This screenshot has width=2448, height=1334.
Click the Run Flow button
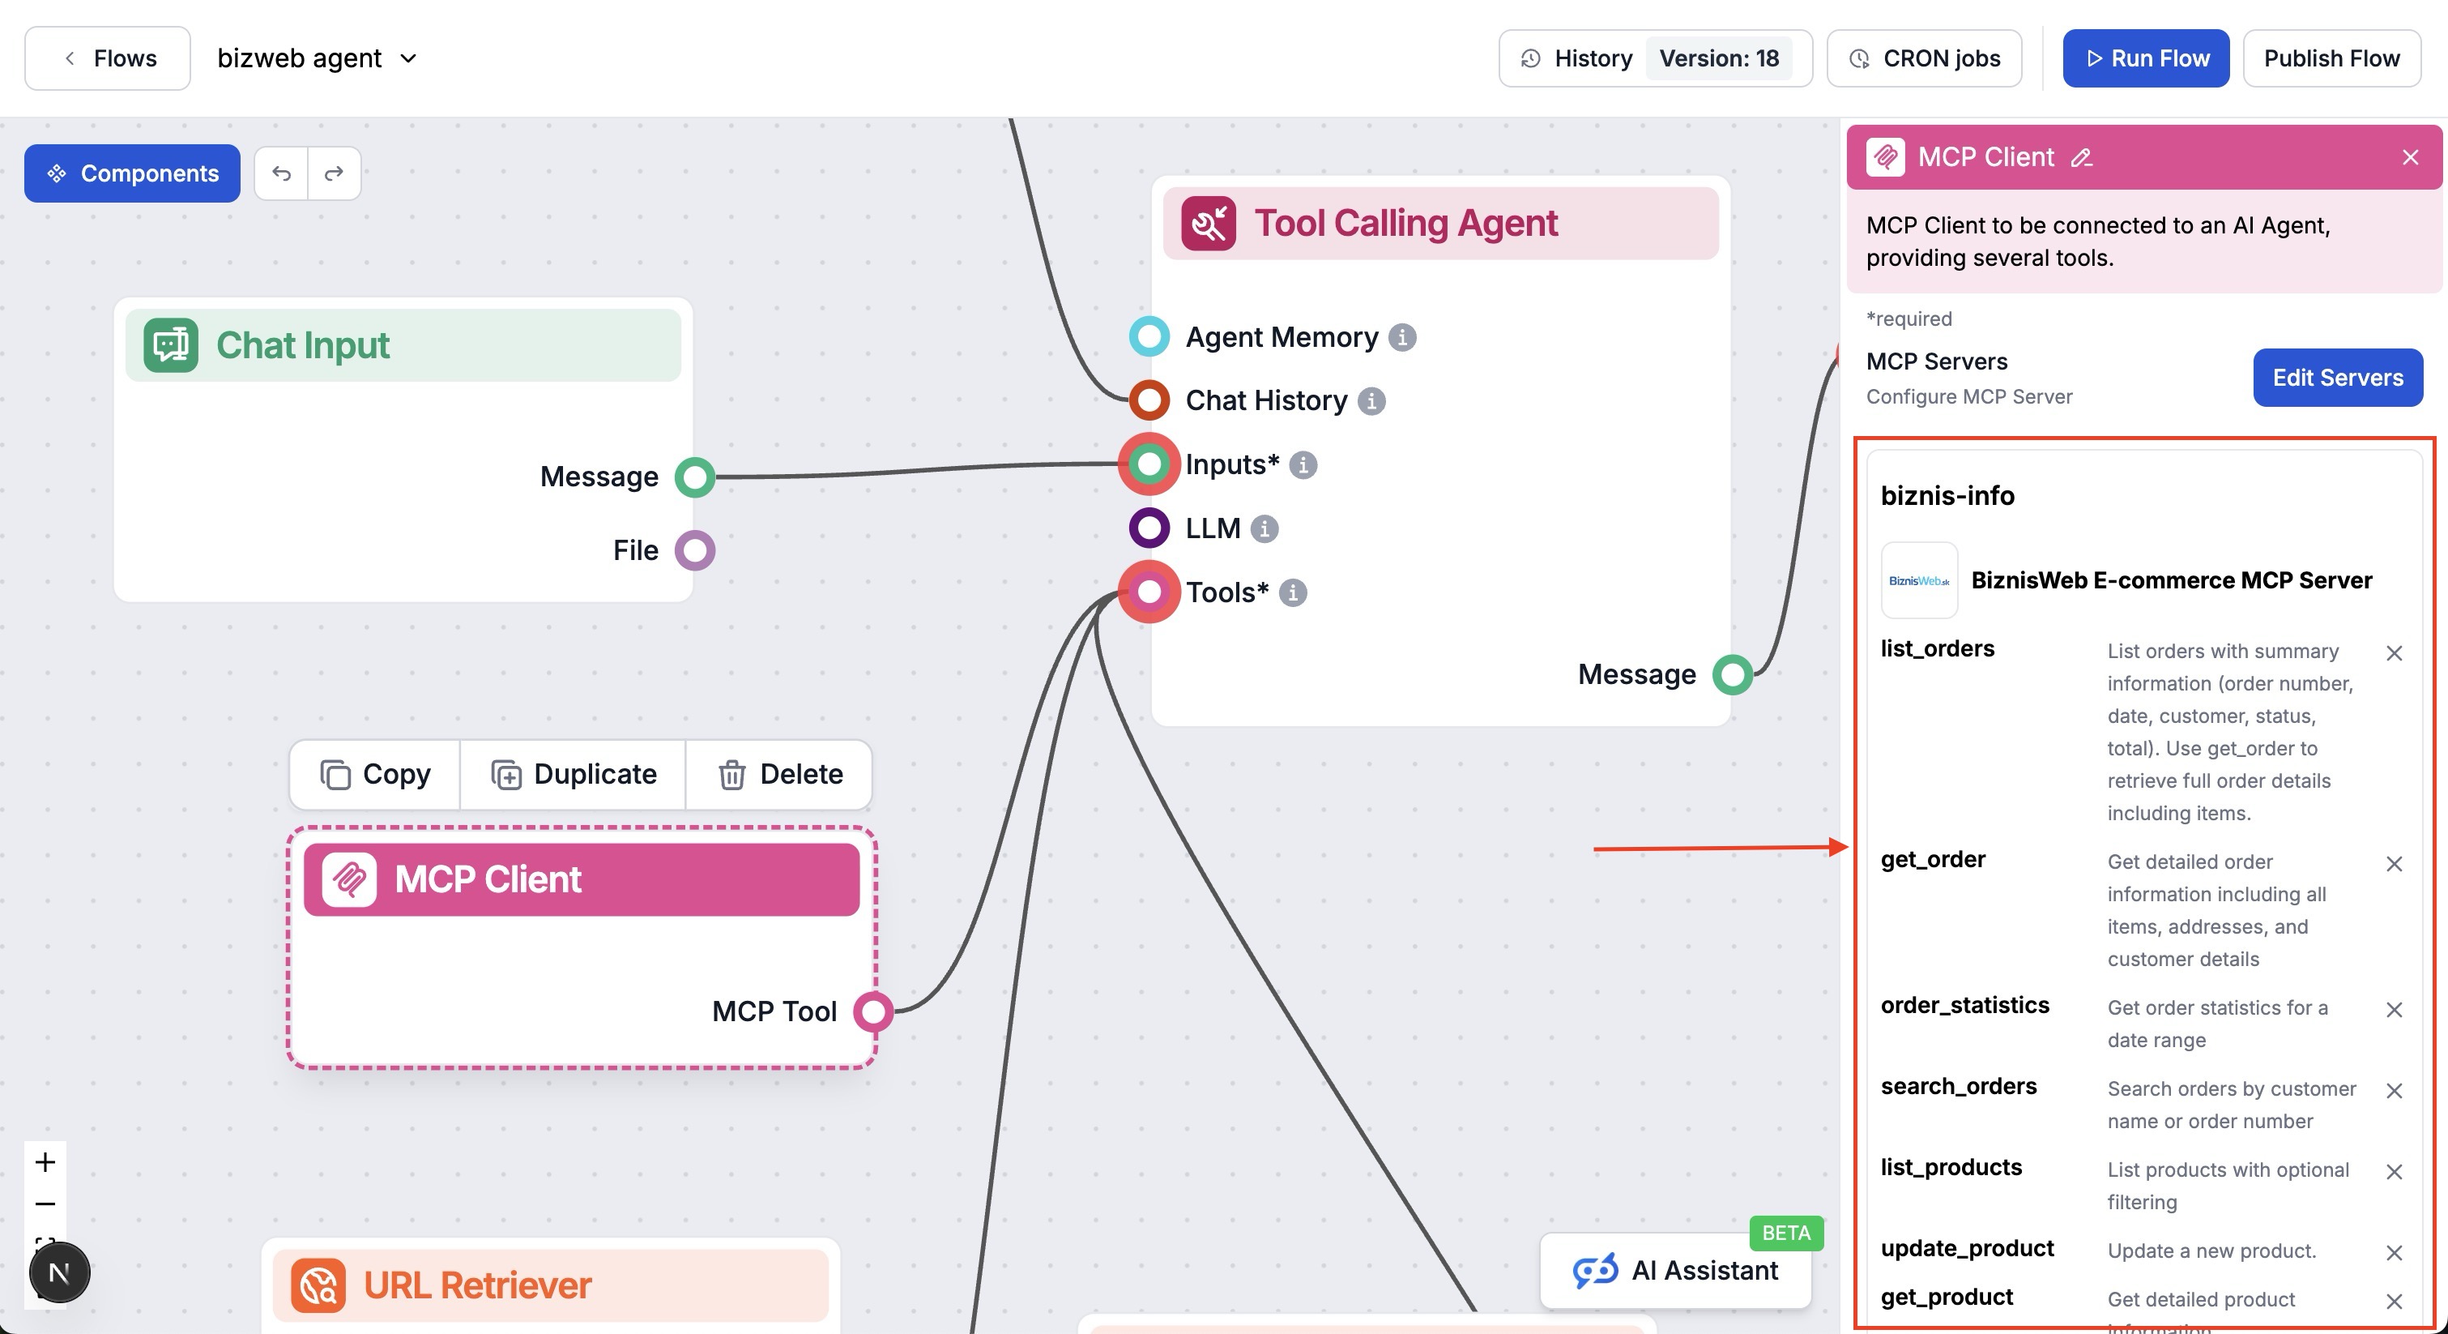click(x=2145, y=58)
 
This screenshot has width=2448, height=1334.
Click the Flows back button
click(x=108, y=58)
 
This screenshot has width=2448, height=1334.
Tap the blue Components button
click(x=132, y=173)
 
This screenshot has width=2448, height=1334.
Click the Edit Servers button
click(x=2337, y=378)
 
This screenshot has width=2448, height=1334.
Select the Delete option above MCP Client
click(x=779, y=774)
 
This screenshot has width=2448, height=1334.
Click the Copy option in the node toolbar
click(x=375, y=774)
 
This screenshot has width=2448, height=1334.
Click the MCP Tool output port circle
click(x=872, y=1011)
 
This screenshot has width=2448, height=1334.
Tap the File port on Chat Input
click(x=695, y=549)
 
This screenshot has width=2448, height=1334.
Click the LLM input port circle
click(x=1149, y=528)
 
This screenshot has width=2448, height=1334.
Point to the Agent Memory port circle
click(x=1149, y=336)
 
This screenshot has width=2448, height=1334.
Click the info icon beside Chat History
click(x=1371, y=401)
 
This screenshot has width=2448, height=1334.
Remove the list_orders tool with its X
click(x=2394, y=653)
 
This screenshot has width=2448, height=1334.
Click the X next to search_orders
click(x=2394, y=1091)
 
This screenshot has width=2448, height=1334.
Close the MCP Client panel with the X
click(x=2410, y=157)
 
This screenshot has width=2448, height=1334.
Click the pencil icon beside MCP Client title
click(x=2081, y=158)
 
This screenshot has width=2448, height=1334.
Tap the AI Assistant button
click(x=1675, y=1270)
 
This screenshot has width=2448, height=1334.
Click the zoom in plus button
click(x=45, y=1162)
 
